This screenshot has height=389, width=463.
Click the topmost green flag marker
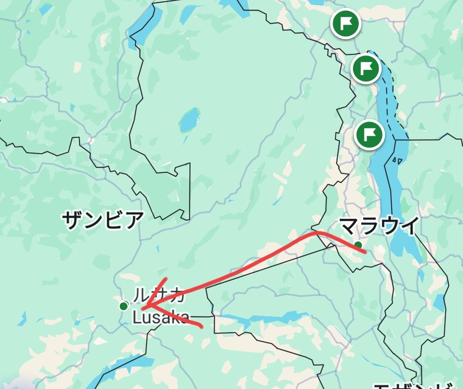(x=346, y=23)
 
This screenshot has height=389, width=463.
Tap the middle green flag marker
(x=366, y=68)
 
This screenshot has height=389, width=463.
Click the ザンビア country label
(x=102, y=220)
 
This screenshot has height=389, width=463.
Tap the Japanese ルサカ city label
(x=158, y=296)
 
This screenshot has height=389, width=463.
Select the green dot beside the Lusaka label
(x=124, y=306)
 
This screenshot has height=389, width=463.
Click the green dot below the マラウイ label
(x=358, y=245)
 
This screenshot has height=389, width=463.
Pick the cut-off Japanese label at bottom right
(x=413, y=385)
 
